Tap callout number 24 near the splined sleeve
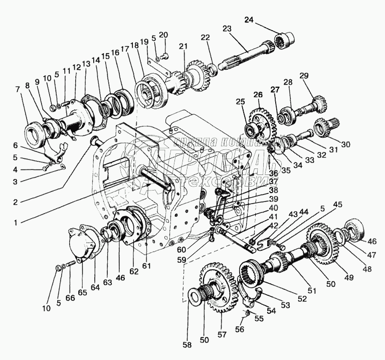tap(264, 20)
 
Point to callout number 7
tap(19, 89)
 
